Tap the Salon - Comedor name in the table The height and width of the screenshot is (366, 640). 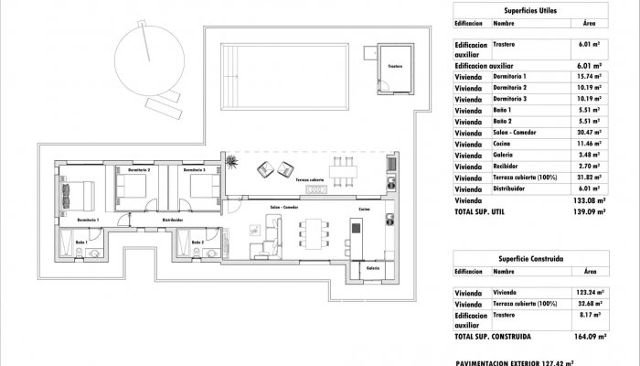click(x=514, y=133)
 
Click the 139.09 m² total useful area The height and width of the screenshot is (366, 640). click(x=586, y=210)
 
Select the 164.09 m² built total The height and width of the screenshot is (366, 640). click(x=586, y=337)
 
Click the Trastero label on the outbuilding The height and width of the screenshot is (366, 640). click(x=394, y=67)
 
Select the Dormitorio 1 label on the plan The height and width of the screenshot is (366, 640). click(x=88, y=221)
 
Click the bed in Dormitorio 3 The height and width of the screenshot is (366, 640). click(x=197, y=188)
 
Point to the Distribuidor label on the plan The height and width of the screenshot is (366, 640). click(x=173, y=221)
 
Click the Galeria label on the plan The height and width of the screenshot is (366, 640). click(x=373, y=268)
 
